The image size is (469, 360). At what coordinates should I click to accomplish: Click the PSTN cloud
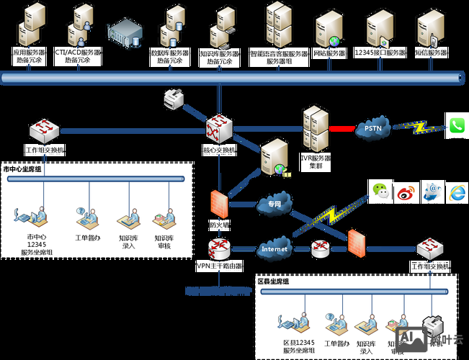point(372,129)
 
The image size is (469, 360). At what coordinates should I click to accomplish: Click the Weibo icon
point(406,192)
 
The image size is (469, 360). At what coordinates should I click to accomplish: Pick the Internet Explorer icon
point(457,192)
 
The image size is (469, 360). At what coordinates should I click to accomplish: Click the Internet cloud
point(274,249)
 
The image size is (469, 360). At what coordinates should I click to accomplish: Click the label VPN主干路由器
point(218,266)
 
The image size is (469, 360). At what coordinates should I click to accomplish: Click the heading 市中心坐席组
point(23,170)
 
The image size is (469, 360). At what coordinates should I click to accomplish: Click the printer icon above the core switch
point(174,98)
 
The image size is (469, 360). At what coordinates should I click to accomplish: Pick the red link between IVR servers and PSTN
point(342,129)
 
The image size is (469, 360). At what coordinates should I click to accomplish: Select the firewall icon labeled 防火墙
point(219,203)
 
